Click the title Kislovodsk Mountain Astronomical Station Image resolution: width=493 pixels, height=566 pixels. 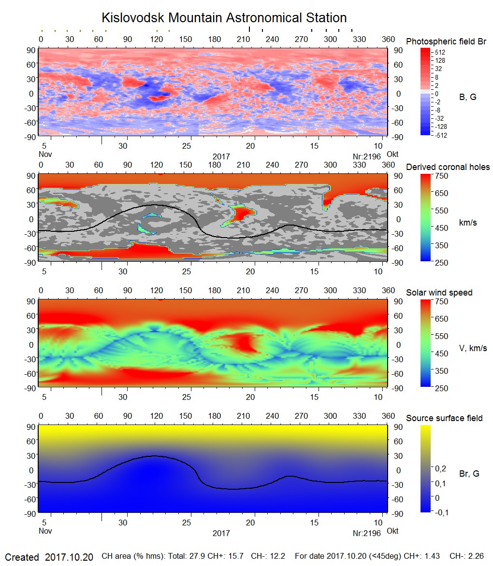coord(224,18)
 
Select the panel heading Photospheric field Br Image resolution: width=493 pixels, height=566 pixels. coord(446,42)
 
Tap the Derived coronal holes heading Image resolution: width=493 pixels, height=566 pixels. coord(448,167)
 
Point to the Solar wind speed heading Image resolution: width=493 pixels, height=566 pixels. coord(439,293)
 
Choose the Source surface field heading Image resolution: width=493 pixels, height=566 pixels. coord(444,418)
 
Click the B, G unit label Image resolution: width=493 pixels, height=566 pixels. coord(467,97)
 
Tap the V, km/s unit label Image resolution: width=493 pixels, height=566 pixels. coord(473,348)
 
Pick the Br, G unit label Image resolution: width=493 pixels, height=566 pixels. coord(469,474)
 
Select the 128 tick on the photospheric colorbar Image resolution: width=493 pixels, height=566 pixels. coord(440,60)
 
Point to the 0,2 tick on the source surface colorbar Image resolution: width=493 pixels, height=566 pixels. coord(441,468)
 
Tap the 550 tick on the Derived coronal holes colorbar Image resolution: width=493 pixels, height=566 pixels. coord(442,211)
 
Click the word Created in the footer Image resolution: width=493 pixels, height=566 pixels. coord(22,557)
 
